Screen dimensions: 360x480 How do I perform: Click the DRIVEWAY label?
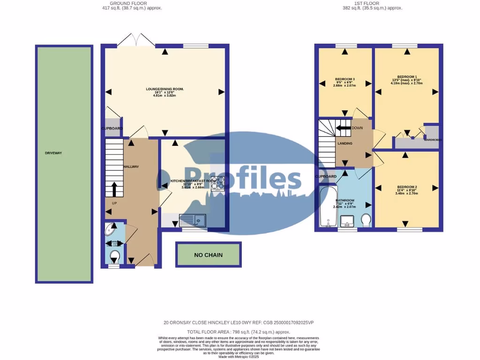point(53,153)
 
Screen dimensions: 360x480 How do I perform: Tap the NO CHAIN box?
point(208,255)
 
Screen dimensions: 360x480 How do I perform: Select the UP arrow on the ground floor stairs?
point(113,189)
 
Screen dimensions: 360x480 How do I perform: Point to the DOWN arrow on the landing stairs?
point(344,127)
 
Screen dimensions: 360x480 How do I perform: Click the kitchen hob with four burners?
point(218,183)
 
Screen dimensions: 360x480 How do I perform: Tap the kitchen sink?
point(192,219)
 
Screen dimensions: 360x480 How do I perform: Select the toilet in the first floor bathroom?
point(366,219)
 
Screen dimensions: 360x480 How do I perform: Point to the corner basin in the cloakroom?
point(111,229)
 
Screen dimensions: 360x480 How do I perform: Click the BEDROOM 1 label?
point(406,77)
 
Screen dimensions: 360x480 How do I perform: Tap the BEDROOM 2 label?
point(406,187)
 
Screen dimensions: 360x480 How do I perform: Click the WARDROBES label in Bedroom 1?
point(432,140)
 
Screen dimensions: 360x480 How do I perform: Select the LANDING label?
point(345,143)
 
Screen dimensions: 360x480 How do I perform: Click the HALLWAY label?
point(131,167)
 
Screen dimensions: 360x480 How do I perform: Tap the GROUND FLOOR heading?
point(133,3)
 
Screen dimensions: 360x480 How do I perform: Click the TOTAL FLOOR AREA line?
point(240,331)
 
